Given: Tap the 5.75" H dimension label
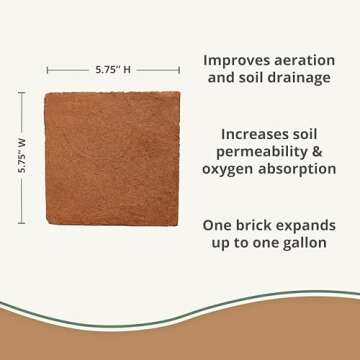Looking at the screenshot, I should coord(113,71).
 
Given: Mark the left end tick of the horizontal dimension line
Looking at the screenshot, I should coord(47,71).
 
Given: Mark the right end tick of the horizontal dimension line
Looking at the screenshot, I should coord(180,71).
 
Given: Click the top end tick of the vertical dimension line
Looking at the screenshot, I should coord(22,93).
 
